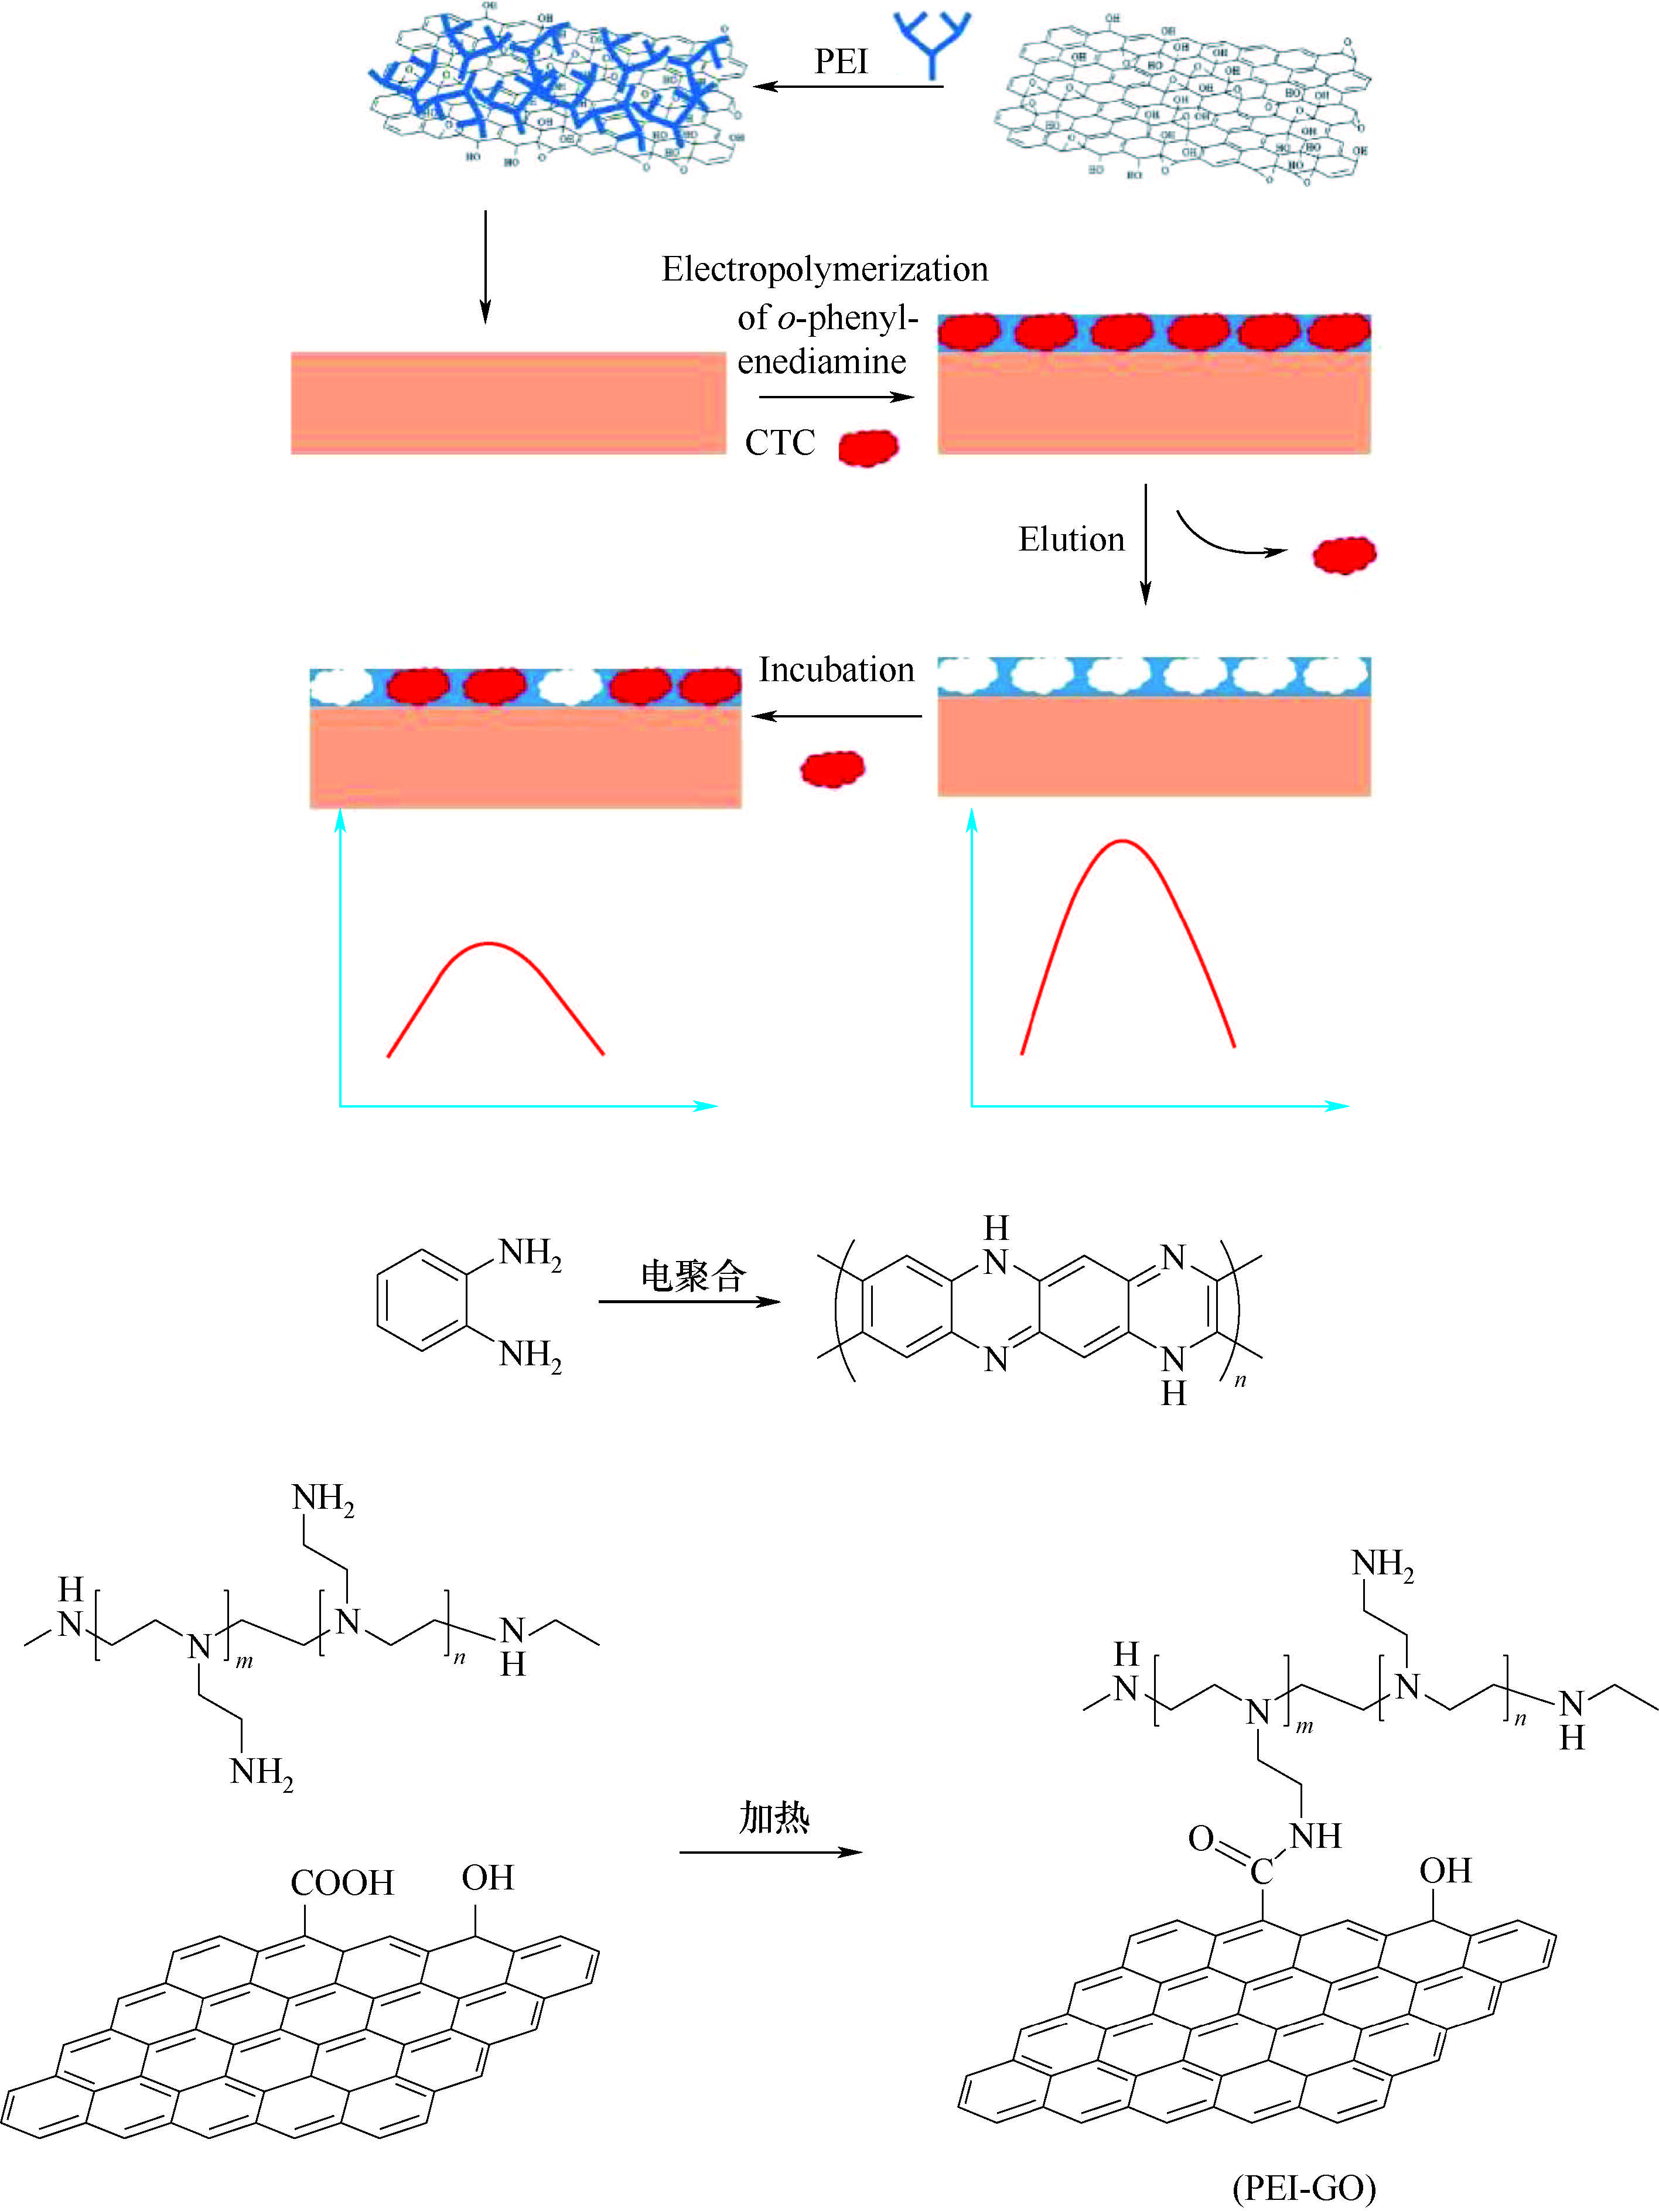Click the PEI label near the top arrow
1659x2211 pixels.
coord(841,62)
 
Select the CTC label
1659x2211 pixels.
coord(780,443)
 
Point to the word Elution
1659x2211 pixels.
coord(1071,540)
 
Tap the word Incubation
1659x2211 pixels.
coord(836,669)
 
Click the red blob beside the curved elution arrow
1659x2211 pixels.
coord(1344,555)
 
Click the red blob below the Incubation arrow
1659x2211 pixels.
coord(832,768)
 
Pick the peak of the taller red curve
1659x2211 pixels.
coord(1123,842)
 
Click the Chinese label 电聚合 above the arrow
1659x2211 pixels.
coord(693,1276)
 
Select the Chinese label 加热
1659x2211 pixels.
coord(773,1816)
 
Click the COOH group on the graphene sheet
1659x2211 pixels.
coord(342,1883)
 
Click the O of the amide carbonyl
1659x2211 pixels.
coord(1201,1837)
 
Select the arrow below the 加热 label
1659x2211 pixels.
coord(770,1852)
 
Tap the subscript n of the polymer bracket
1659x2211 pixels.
coord(1240,1380)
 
